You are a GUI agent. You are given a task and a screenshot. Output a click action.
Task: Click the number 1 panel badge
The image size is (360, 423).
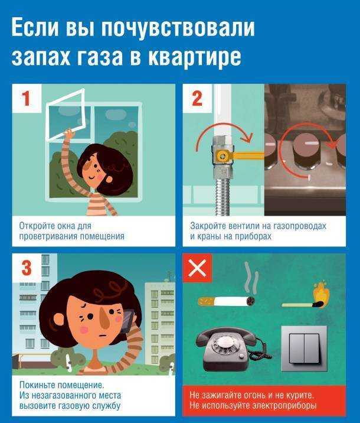point(27,98)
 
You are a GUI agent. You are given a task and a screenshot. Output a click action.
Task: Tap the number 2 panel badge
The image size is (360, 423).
point(197,98)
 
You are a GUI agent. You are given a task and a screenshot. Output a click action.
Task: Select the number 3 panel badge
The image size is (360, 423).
point(27,268)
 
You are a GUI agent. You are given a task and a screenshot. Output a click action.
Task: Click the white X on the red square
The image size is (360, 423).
point(197,268)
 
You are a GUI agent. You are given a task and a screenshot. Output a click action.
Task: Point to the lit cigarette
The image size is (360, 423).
point(227,301)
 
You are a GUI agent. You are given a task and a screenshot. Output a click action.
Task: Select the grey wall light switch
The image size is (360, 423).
point(304,349)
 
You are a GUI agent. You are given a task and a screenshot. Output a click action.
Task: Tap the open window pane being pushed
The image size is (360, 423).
point(66,115)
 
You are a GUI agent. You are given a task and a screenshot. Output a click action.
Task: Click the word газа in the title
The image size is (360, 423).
point(100,57)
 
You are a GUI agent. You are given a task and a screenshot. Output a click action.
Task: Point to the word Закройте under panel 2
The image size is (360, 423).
point(207,226)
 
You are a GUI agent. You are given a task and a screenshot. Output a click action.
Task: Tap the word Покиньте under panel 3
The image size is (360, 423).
point(37,385)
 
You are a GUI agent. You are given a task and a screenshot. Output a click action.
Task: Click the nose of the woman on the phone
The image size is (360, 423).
point(104,319)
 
